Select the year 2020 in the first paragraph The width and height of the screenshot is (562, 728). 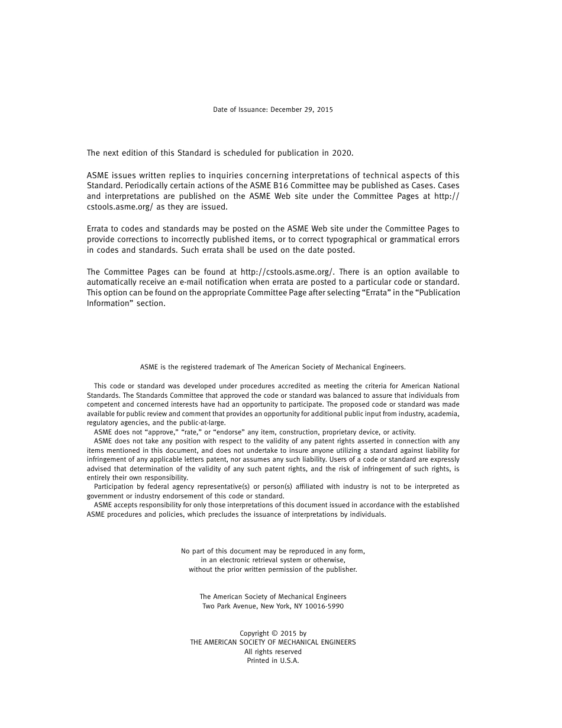point(343,153)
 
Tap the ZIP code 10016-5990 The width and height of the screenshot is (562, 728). point(322,606)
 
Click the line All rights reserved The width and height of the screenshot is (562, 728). point(273,652)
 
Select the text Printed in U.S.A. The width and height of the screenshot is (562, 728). point(273,661)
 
